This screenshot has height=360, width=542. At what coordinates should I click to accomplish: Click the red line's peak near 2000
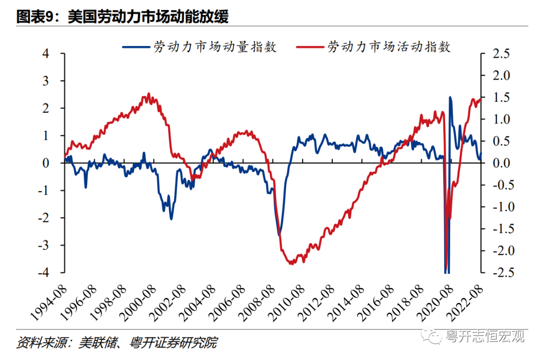pos(149,94)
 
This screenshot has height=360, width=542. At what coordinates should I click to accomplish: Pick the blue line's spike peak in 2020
pos(450,97)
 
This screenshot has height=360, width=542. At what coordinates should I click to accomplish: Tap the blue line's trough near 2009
pos(279,235)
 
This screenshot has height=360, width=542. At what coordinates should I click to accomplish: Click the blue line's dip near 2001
pos(171,219)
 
